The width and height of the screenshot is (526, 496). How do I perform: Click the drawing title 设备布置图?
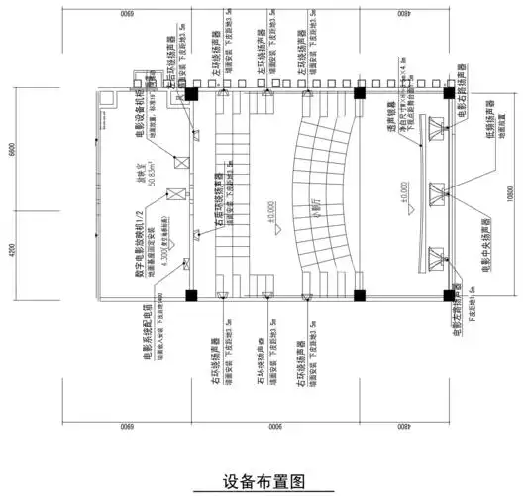(x=262, y=480)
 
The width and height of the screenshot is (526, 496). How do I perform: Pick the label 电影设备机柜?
(x=145, y=123)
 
